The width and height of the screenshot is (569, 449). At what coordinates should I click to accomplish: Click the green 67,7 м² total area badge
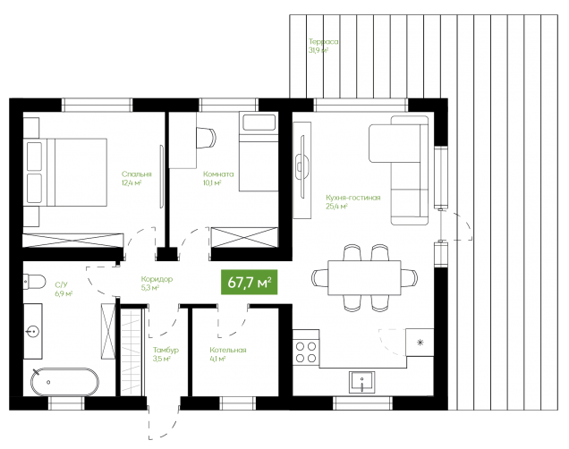(250, 282)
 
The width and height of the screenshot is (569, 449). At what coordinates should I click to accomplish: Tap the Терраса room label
(324, 41)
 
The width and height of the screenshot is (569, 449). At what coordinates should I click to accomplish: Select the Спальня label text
(137, 174)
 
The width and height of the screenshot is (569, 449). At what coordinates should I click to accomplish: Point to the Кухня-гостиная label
(353, 198)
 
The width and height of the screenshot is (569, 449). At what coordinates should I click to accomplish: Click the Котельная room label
(228, 350)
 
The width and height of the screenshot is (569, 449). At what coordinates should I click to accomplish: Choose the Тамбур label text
(166, 350)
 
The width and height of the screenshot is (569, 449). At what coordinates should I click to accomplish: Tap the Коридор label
(157, 279)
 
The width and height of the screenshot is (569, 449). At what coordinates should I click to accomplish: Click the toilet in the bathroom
(35, 282)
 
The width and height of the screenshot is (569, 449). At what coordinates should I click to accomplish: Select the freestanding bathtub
(64, 382)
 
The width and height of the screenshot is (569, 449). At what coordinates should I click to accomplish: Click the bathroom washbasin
(33, 332)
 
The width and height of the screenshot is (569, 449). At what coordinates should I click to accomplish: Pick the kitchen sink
(361, 382)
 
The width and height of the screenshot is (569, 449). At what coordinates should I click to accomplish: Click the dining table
(364, 278)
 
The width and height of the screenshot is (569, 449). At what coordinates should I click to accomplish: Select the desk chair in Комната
(206, 138)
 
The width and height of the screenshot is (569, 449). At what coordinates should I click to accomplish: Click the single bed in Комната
(259, 151)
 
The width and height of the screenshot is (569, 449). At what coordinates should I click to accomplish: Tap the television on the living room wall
(301, 166)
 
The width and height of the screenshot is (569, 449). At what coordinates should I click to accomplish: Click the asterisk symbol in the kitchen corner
(420, 342)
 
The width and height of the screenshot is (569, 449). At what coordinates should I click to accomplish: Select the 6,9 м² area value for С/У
(64, 293)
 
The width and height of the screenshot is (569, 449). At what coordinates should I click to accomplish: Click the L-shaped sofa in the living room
(399, 171)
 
